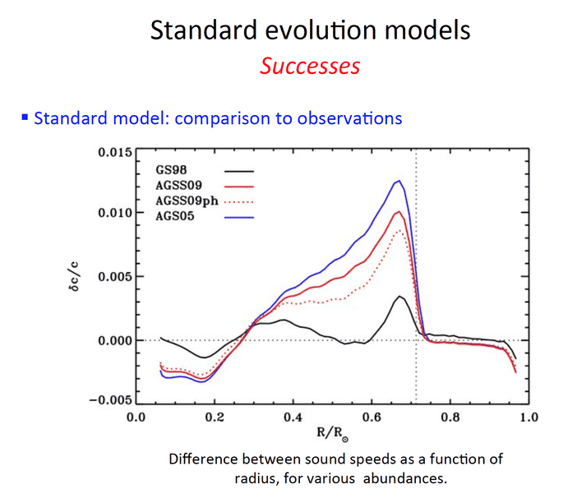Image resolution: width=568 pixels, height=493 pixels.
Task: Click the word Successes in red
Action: pos(310,65)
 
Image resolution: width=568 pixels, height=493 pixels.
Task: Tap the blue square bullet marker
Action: pos(25,117)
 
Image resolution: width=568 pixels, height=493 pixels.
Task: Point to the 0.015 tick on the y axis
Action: pos(113,153)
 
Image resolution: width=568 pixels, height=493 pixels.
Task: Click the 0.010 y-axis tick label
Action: pos(113,214)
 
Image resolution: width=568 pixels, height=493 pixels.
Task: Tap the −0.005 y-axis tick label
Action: pos(110,400)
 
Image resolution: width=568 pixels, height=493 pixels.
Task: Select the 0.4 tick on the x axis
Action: pos(293,417)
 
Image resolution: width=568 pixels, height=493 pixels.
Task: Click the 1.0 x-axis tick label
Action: pos(528,417)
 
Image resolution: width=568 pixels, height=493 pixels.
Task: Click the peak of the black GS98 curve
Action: pos(399,297)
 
